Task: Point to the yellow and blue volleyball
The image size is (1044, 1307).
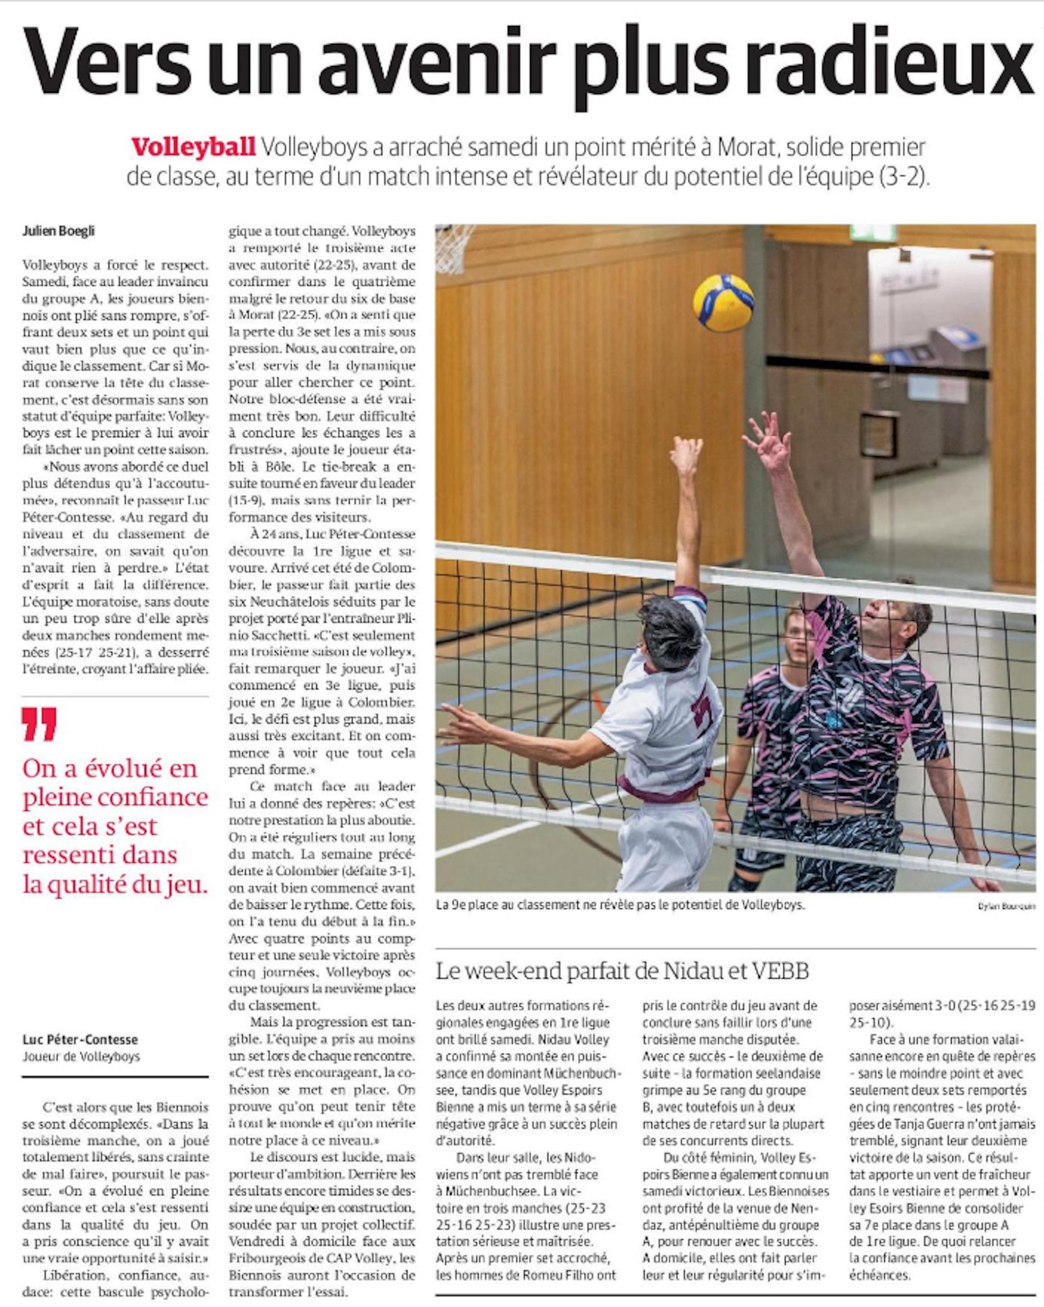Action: [723, 303]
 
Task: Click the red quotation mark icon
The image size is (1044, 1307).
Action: [39, 724]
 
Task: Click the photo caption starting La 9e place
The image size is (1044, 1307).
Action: [620, 906]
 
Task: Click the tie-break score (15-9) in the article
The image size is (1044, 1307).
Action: [245, 501]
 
